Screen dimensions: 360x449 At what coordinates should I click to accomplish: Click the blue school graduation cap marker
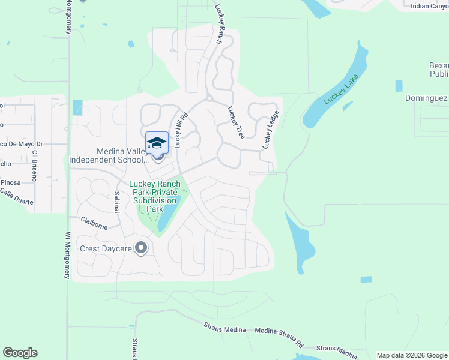click(157, 143)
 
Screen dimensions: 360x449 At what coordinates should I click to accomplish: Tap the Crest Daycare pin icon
click(141, 248)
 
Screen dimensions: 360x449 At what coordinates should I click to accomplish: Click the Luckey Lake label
click(340, 90)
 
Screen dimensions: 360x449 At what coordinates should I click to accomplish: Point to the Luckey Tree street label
click(236, 123)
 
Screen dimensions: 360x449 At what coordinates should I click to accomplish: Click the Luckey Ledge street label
click(271, 130)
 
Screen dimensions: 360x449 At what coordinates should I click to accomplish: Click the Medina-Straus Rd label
click(279, 337)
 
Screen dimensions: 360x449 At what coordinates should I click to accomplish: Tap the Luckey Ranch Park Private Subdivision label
click(155, 196)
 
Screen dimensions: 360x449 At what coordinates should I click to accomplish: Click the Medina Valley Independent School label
click(108, 156)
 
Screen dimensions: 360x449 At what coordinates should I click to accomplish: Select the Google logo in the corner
click(20, 353)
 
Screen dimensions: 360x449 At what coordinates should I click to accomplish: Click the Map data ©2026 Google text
click(412, 355)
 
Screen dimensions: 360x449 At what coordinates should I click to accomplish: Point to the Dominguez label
click(426, 98)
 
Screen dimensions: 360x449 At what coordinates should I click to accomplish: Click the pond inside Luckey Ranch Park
click(169, 214)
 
